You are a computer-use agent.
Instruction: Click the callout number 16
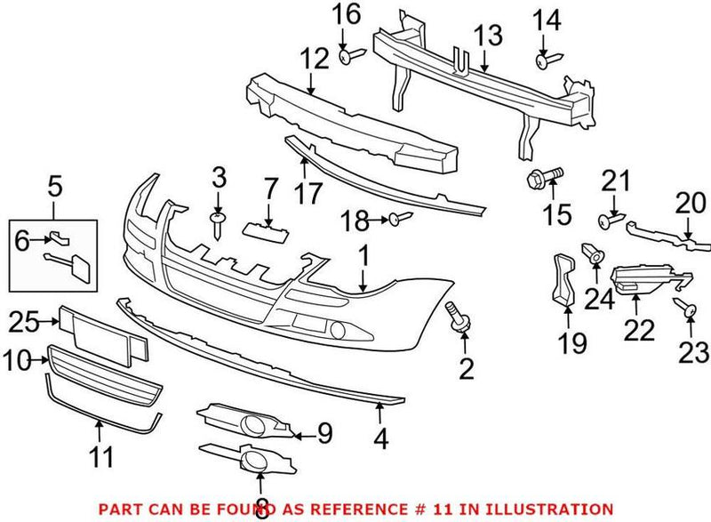pyautogui.click(x=347, y=15)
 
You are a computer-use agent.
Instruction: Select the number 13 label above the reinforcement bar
pyautogui.click(x=487, y=36)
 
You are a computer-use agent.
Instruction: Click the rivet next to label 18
pyautogui.click(x=398, y=218)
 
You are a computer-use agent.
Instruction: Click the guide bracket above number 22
pyautogui.click(x=647, y=275)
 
